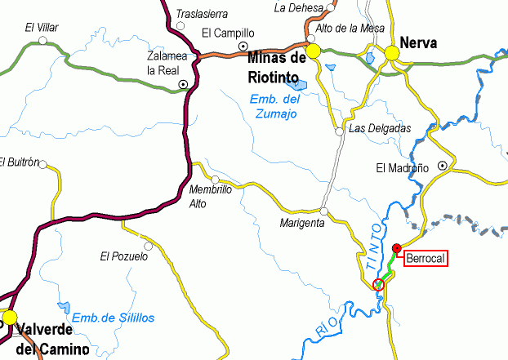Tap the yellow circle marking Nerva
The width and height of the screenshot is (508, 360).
(x=393, y=53)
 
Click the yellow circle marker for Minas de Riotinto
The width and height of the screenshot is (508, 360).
(x=313, y=52)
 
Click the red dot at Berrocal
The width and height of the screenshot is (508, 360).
(x=397, y=248)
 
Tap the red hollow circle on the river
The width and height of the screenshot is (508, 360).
(x=377, y=284)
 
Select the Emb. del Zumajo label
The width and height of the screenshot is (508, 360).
(x=275, y=106)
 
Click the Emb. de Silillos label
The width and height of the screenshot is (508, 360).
(x=114, y=318)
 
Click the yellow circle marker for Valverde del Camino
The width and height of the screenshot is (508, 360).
(x=10, y=317)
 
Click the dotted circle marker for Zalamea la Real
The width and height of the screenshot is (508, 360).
(x=184, y=83)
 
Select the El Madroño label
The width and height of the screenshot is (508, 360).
(x=402, y=168)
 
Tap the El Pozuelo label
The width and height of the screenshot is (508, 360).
(x=124, y=256)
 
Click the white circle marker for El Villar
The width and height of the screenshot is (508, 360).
(x=66, y=28)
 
